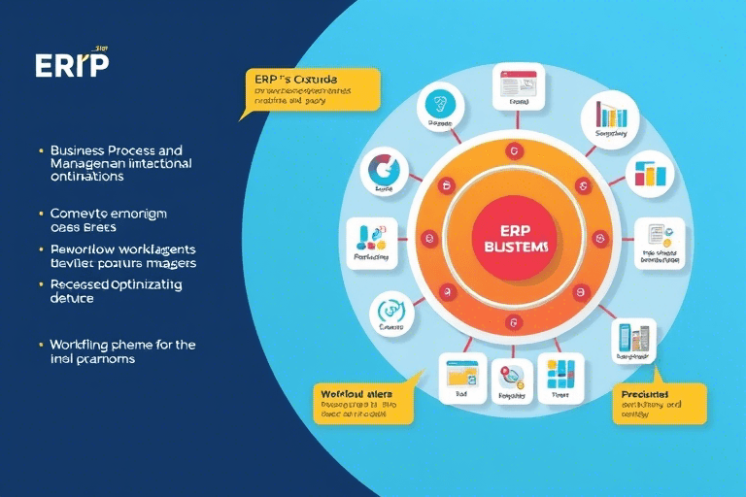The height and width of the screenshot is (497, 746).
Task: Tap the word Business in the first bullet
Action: click(x=83, y=151)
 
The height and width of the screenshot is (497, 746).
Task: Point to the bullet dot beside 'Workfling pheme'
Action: click(x=40, y=345)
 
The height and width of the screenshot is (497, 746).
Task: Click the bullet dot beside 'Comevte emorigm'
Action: click(x=40, y=213)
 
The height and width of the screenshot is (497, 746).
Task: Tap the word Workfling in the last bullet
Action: click(x=80, y=345)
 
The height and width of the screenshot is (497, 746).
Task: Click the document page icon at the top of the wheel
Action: click(x=516, y=85)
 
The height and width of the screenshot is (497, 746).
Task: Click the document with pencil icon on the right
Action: click(x=659, y=239)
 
